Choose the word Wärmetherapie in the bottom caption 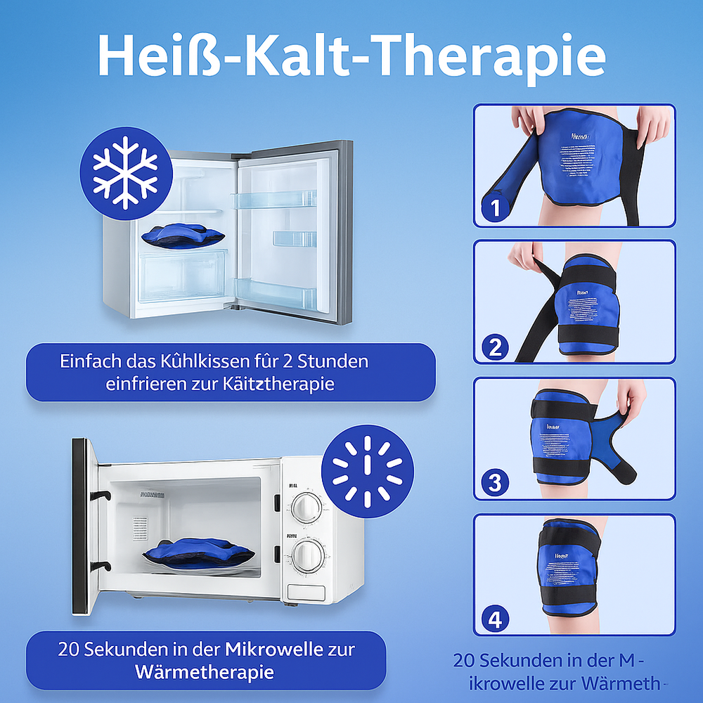point(203,671)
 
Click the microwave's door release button point(306,593)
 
